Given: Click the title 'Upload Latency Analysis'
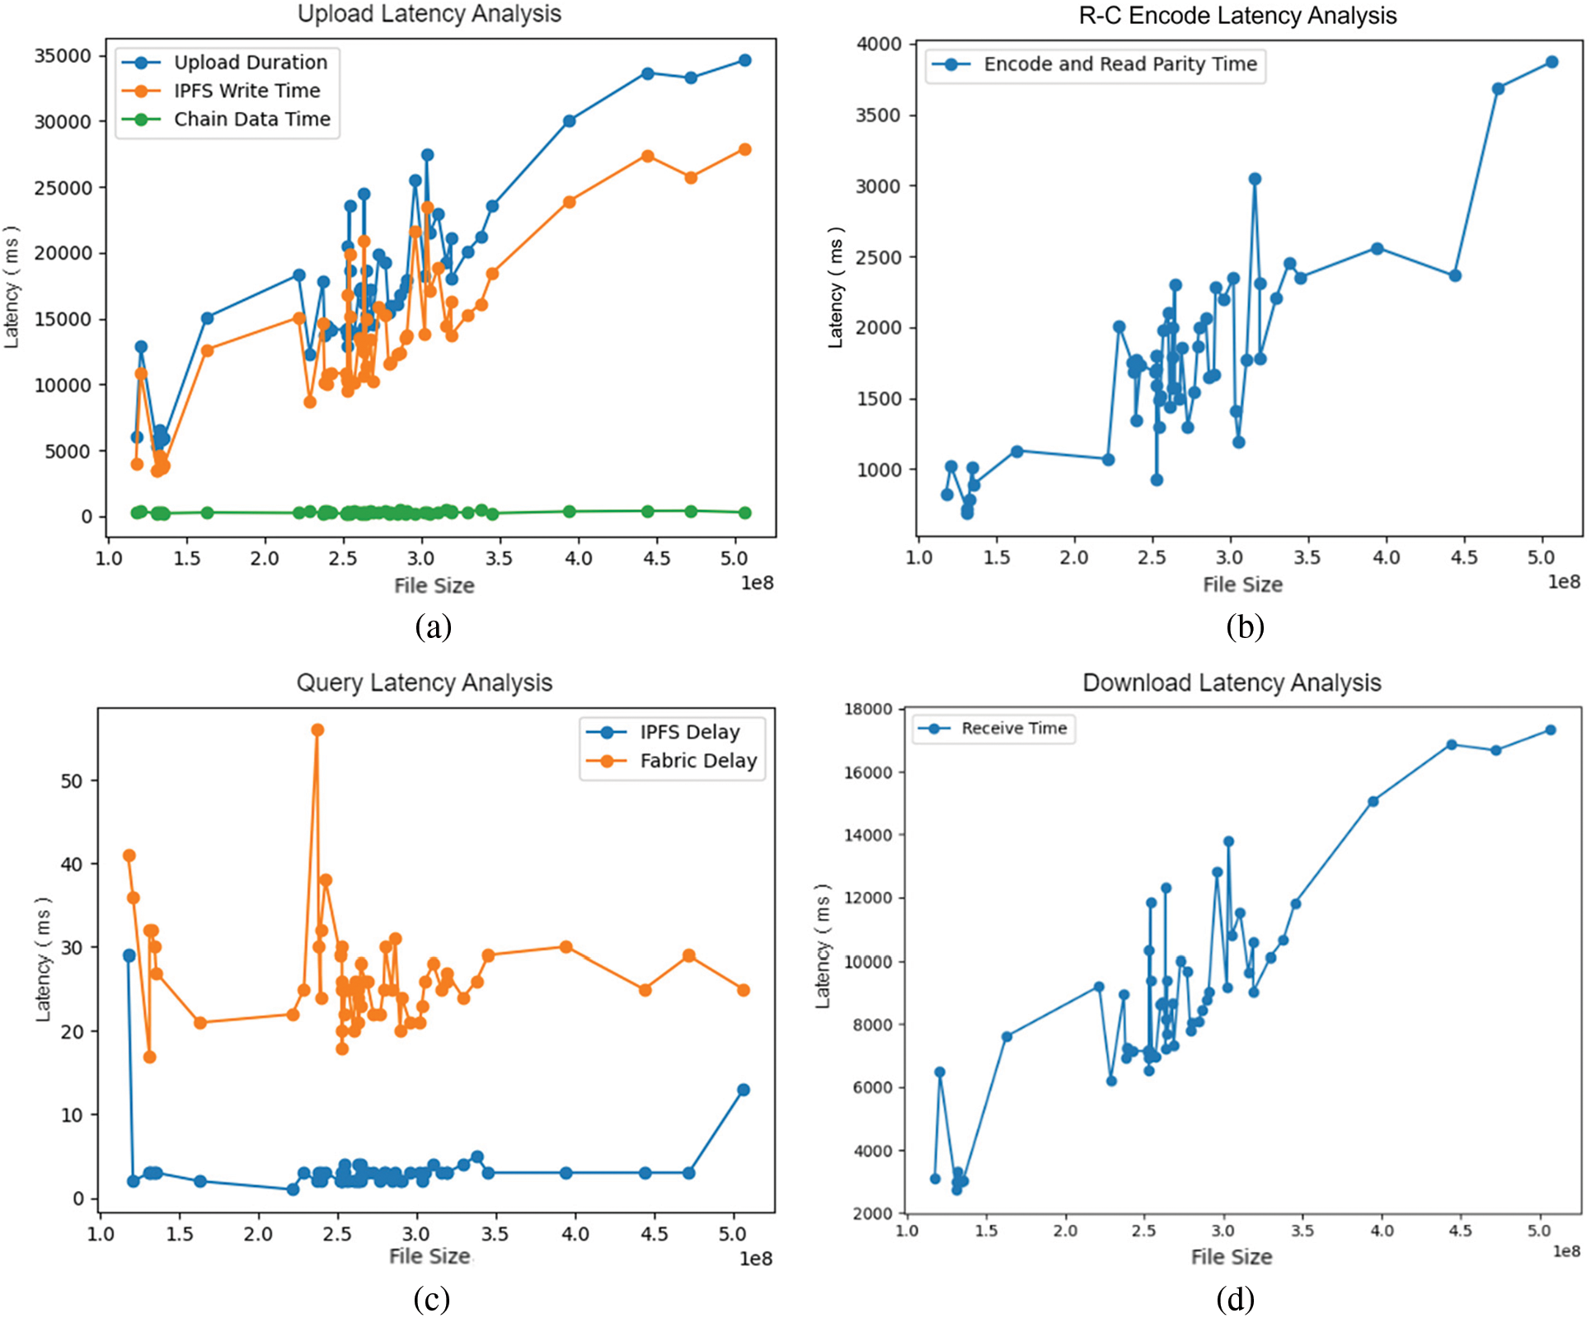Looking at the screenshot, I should click(429, 14).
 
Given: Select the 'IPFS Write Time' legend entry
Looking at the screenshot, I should click(246, 91).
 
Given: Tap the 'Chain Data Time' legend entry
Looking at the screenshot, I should click(251, 120).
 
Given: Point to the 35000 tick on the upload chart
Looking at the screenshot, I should click(62, 56).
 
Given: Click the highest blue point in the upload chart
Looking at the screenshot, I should click(744, 60).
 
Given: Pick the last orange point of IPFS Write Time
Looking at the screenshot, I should click(744, 149).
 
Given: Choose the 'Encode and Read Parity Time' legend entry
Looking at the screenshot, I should click(1119, 64).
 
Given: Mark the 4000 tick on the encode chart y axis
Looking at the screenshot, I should click(879, 44).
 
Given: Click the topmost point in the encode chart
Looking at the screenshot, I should click(1551, 62).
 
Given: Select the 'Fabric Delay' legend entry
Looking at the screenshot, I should click(697, 761).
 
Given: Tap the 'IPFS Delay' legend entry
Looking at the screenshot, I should click(689, 732).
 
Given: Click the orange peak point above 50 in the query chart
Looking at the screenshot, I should click(317, 729).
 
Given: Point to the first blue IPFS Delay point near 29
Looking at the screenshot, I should click(129, 955).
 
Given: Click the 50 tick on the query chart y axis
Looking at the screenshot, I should click(72, 781).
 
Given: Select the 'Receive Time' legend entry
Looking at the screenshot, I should click(1013, 729).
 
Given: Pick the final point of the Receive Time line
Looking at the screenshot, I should click(1550, 729).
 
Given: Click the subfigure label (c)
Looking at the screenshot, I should click(431, 1299).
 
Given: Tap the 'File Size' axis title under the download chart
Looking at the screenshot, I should click(1231, 1257).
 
